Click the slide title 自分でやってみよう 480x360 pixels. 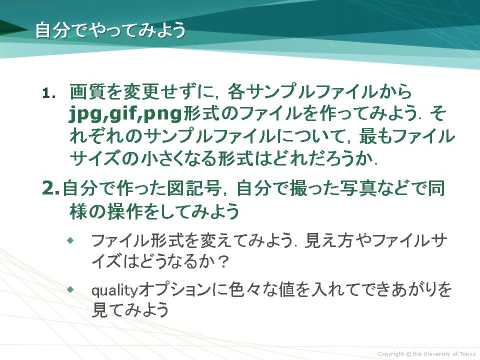point(110,30)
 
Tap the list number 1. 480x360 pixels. point(49,93)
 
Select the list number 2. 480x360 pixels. point(50,188)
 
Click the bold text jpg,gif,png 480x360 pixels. point(125,113)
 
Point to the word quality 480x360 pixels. point(115,290)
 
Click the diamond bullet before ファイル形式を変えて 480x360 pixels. point(70,240)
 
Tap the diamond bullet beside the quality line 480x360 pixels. point(70,289)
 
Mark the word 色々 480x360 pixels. point(243,289)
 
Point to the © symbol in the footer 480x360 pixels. point(408,354)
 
